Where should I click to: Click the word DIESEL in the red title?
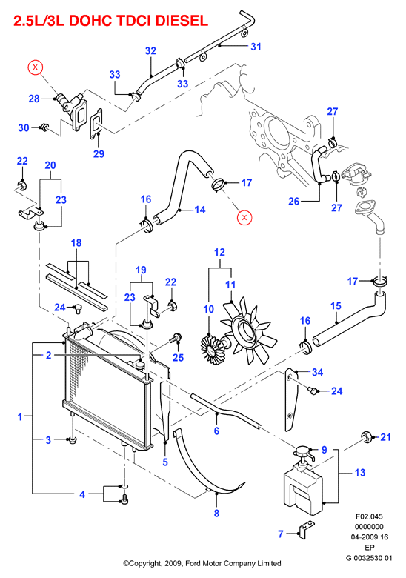pos(182,21)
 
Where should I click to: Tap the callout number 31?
pos(256,47)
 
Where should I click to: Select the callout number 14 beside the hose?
pos(200,210)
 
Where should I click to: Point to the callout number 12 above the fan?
pos(219,252)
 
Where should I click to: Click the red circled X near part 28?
pos(36,67)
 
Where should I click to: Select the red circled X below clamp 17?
pos(244,217)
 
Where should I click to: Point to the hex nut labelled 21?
pos(366,437)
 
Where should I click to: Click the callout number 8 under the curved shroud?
pos(216,513)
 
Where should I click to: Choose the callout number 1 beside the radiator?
pos(20,417)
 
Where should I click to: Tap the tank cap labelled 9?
pos(303,451)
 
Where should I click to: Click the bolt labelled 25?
pos(176,338)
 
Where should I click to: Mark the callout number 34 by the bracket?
pos(317,372)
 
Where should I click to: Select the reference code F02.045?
pos(369,516)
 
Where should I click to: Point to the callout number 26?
pos(293,202)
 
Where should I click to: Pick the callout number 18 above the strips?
pos(76,243)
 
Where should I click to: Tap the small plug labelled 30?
pos(44,127)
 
